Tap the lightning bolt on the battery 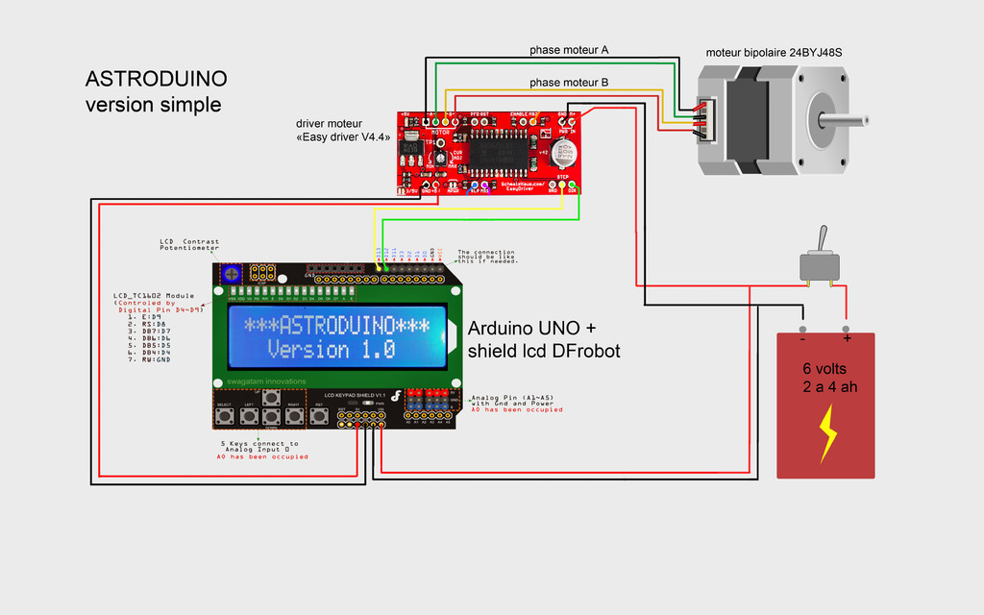tap(825, 433)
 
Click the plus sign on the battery tap(847, 338)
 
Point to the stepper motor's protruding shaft tap(850, 120)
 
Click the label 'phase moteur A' tap(569, 49)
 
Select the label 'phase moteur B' tap(569, 83)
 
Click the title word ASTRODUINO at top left tap(157, 79)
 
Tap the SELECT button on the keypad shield tap(225, 416)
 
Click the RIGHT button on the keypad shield tap(294, 416)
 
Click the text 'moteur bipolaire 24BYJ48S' tap(780, 52)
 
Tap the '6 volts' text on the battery tap(825, 369)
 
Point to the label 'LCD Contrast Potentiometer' tap(189, 245)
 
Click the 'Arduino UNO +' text tap(531, 329)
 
